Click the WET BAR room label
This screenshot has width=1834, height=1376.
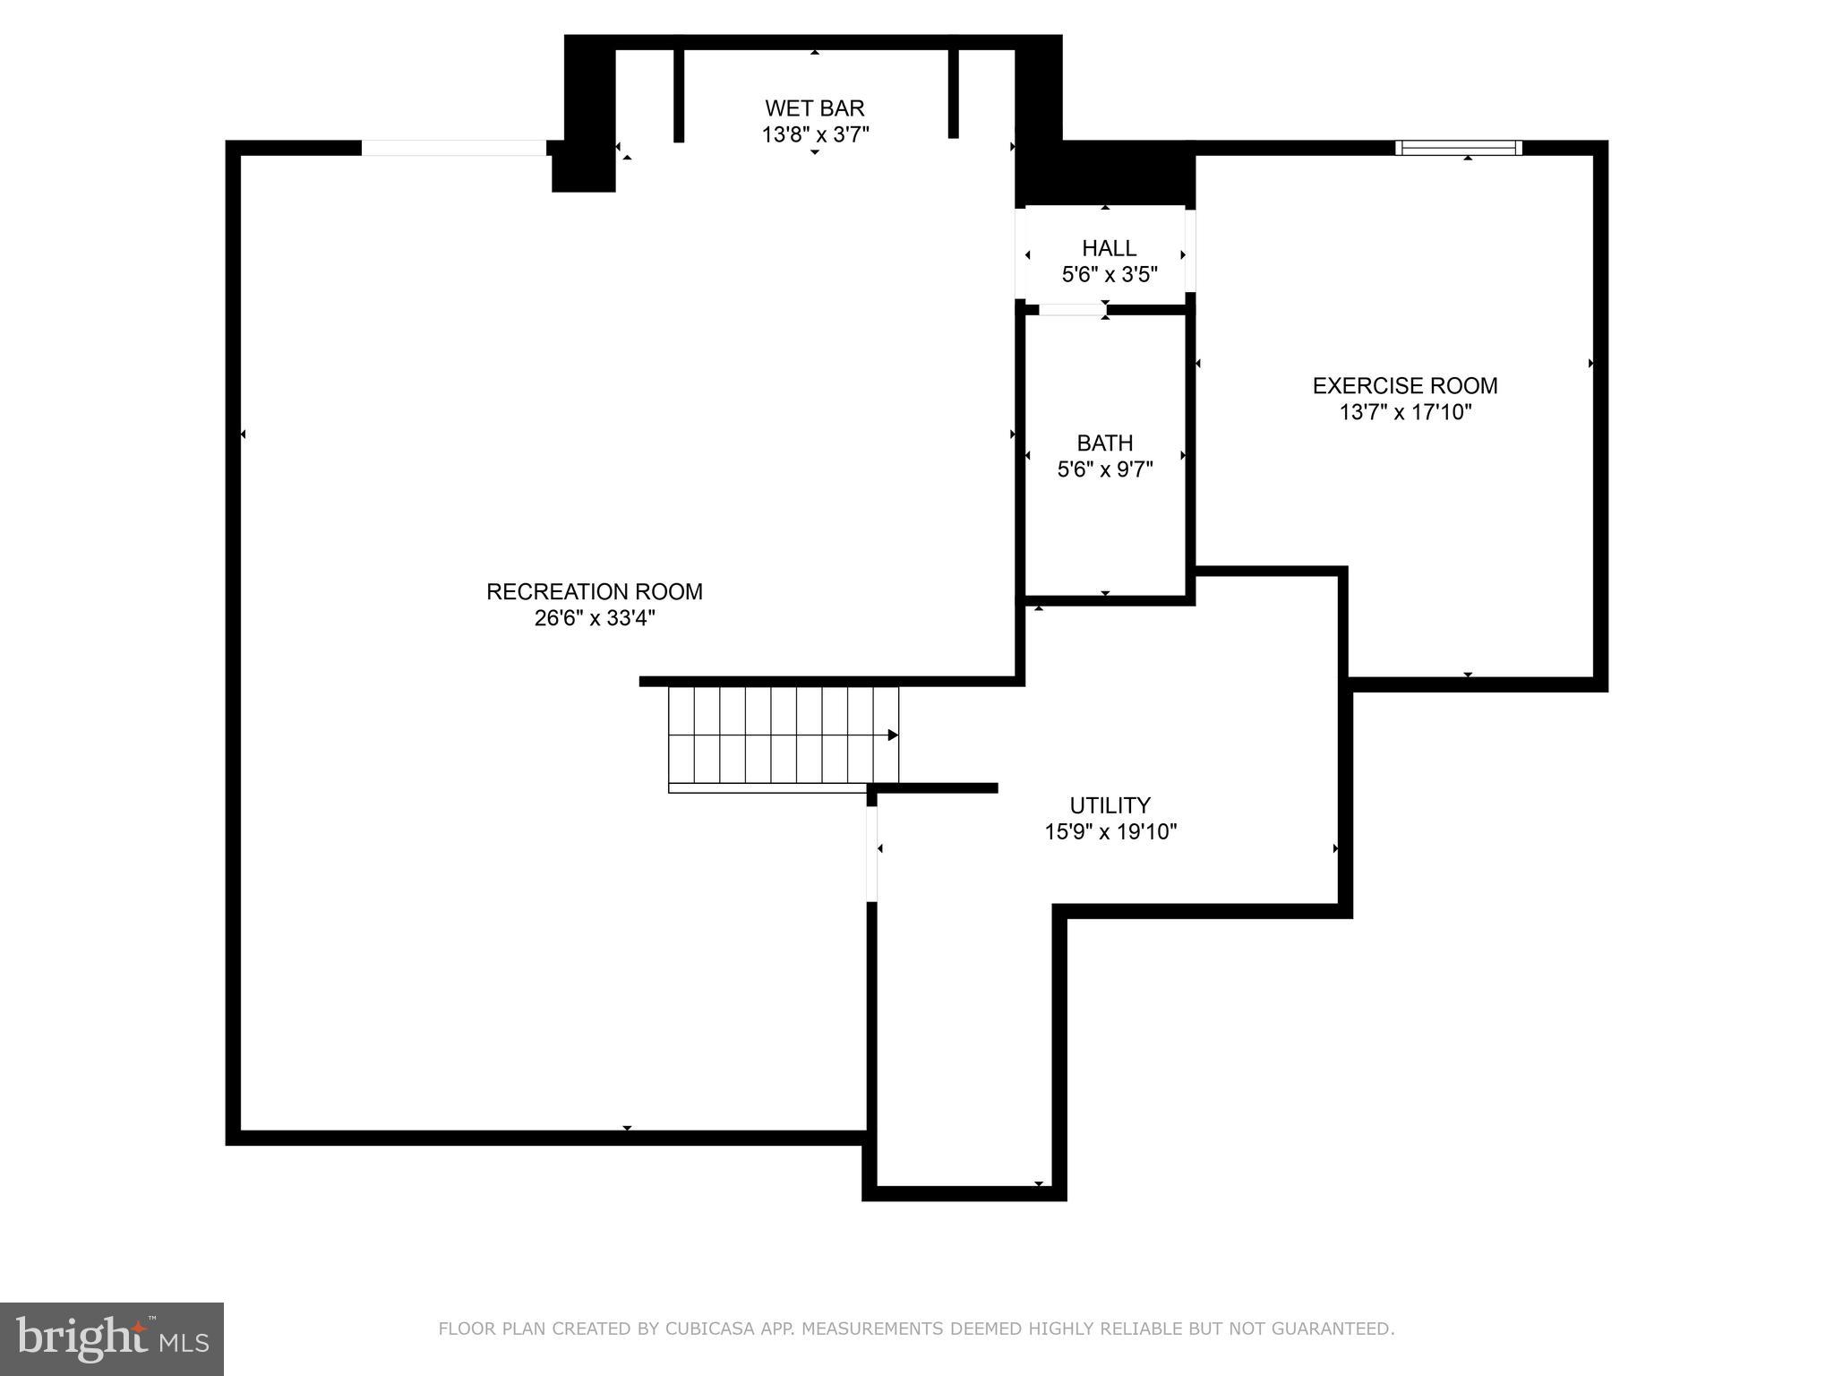[x=814, y=108]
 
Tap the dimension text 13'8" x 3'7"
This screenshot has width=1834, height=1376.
[x=815, y=135]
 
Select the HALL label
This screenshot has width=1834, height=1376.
[x=1109, y=248]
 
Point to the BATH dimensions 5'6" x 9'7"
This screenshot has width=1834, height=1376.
[x=1104, y=469]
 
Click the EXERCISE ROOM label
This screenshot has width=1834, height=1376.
[x=1404, y=386]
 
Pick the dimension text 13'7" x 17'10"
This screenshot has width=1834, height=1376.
[x=1405, y=412]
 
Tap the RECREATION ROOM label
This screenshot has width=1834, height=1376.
[x=594, y=591]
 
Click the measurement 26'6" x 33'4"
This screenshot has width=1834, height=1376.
[x=595, y=618]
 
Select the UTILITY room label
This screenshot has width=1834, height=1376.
[x=1110, y=804]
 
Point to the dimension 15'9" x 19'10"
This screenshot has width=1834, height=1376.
[x=1110, y=831]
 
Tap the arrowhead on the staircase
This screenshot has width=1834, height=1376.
[x=893, y=735]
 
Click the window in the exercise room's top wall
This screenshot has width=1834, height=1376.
[x=1459, y=148]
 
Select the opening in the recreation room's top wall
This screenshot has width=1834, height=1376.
[x=453, y=148]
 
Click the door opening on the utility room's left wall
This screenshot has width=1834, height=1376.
[x=871, y=853]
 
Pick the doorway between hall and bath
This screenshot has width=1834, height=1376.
[x=1072, y=310]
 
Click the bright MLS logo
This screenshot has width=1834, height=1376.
[x=111, y=1338]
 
